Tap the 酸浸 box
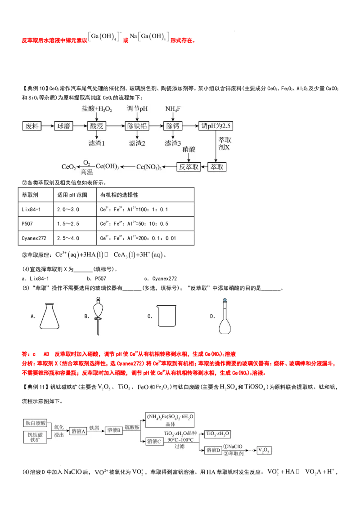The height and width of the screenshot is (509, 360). [97, 126]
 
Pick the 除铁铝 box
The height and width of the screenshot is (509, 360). [137, 126]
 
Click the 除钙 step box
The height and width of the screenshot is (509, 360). [172, 126]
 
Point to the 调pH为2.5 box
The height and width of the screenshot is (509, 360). [216, 126]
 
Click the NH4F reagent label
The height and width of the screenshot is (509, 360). [173, 109]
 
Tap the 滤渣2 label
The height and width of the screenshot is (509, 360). [137, 143]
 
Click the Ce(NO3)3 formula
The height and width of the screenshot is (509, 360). [149, 167]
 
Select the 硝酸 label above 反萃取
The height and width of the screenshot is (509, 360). [189, 150]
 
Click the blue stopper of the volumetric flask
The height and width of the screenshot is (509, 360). [225, 299]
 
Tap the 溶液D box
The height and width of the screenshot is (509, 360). [213, 450]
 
